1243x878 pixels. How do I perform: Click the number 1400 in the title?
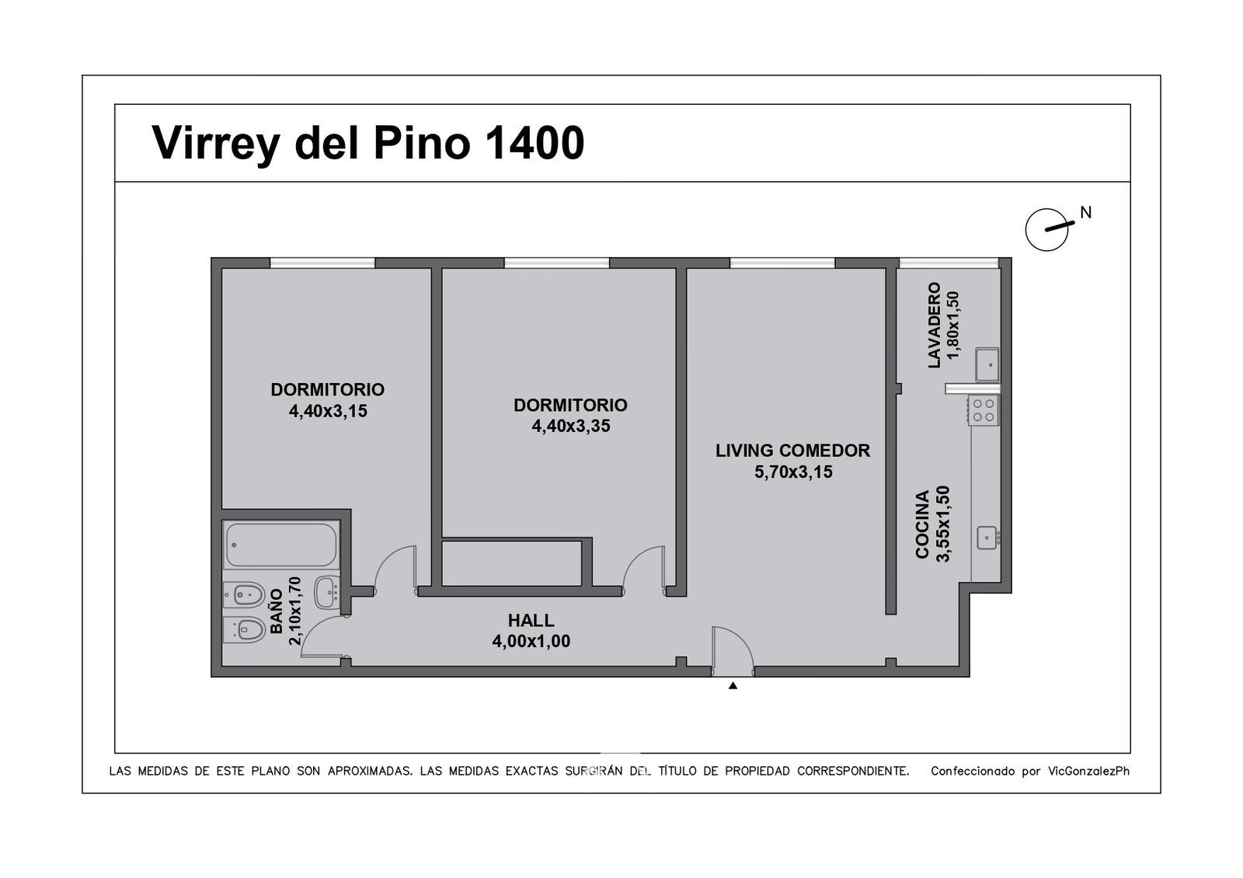click(534, 143)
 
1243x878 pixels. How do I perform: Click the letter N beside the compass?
click(1085, 213)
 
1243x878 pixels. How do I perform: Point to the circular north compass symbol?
click(1046, 229)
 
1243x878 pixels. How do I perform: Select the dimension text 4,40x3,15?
click(328, 411)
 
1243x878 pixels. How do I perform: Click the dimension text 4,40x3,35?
click(571, 427)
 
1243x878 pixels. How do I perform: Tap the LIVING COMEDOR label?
click(792, 451)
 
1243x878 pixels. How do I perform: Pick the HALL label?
click(531, 621)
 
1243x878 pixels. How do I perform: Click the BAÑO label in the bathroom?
click(277, 611)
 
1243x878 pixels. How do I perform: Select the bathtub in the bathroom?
click(281, 545)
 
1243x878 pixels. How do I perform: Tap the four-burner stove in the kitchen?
click(984, 411)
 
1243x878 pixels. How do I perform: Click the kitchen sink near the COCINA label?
click(987, 538)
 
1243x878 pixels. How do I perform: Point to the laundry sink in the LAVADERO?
click(987, 364)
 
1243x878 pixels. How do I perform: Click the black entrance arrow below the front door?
click(733, 685)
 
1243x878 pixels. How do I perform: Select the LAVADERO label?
click(935, 326)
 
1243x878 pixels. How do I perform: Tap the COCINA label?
click(921, 524)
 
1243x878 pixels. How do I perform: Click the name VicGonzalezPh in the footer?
click(1088, 771)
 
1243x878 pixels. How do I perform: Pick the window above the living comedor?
click(782, 263)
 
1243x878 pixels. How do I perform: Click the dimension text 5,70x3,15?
click(793, 472)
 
